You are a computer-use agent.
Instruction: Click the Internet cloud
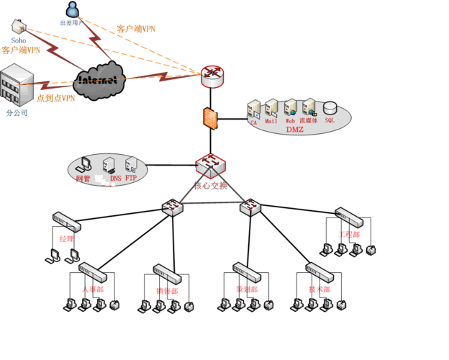[98, 78]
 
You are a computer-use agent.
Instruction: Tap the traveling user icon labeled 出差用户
[72, 9]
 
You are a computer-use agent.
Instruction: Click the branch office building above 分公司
[17, 86]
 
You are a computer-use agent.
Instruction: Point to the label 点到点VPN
[55, 99]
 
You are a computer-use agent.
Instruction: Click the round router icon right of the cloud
[213, 73]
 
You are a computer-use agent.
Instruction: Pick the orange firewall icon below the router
[209, 118]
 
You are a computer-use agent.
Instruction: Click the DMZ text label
[295, 130]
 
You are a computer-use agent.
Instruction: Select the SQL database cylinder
[330, 108]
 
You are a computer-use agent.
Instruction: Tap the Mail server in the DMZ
[271, 109]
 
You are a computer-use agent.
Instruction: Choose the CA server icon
[253, 110]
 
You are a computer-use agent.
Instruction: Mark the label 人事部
[92, 289]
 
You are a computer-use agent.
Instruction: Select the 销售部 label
[167, 290]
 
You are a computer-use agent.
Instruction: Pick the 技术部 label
[319, 289]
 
